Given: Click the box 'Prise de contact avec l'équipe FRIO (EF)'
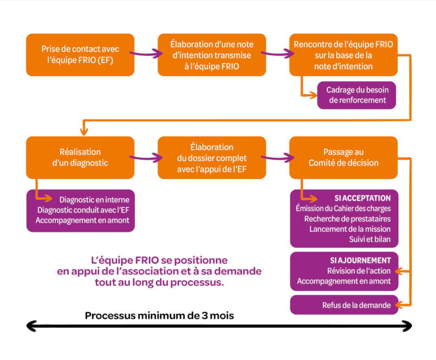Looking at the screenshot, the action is [x=80, y=55].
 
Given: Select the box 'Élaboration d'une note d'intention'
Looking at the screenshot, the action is [x=212, y=55].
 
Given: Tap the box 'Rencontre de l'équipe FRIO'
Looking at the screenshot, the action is [x=344, y=55].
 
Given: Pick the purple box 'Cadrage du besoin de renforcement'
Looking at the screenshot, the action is [x=357, y=95].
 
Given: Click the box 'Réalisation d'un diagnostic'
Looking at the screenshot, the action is [x=80, y=158].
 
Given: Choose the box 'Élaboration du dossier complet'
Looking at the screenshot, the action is [x=212, y=158].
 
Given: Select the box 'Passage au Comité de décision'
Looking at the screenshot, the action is [x=344, y=158].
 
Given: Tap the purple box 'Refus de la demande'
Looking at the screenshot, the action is [x=344, y=305].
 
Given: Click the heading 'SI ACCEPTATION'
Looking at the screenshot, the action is [x=362, y=198].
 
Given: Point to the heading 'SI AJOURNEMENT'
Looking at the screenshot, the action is [x=360, y=260].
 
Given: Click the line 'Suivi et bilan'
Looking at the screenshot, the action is [x=370, y=239].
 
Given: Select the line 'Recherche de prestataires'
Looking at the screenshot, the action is [x=347, y=219].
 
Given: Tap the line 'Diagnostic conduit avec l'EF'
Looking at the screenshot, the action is [x=83, y=210].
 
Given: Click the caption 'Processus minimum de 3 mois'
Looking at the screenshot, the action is [x=159, y=316].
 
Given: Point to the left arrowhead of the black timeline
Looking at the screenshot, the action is [x=31, y=326].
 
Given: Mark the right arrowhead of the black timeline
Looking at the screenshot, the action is [x=407, y=326].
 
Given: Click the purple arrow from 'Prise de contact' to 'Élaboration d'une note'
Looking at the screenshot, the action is [x=146, y=53].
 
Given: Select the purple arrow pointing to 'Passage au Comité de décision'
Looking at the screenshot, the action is [x=277, y=158].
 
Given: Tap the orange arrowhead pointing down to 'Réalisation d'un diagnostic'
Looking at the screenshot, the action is [x=84, y=131].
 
